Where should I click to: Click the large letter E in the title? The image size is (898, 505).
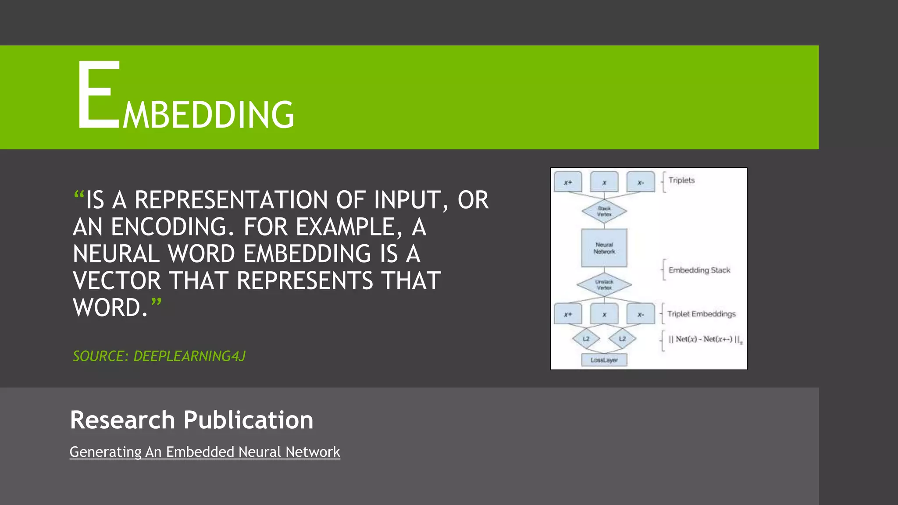click(99, 95)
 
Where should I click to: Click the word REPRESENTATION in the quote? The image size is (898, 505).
click(231, 200)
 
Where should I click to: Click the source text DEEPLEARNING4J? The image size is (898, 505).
click(189, 356)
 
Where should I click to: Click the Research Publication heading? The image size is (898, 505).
click(192, 420)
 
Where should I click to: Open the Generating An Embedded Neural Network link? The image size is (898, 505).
click(205, 452)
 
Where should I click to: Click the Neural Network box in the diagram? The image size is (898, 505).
click(604, 248)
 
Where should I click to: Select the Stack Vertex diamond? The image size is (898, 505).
click(604, 211)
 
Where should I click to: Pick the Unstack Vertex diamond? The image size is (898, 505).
click(604, 285)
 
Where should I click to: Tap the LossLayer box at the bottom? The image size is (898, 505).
click(604, 360)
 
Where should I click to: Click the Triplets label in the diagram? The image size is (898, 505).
click(681, 180)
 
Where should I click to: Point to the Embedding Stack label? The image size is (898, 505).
click(699, 270)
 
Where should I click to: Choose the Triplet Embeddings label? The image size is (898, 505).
click(701, 314)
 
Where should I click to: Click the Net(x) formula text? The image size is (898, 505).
click(704, 339)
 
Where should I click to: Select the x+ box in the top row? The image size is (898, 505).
click(568, 182)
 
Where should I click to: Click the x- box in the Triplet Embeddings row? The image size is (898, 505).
click(641, 314)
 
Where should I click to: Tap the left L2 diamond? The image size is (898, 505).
click(586, 338)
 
